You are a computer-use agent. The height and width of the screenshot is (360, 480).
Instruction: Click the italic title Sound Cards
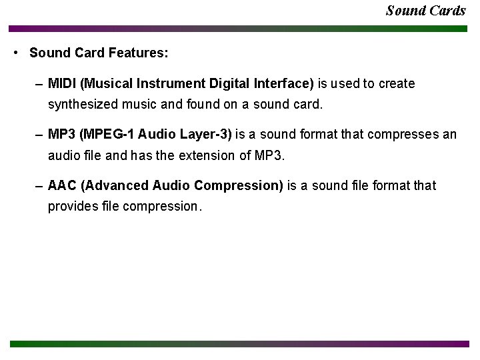[x=425, y=11]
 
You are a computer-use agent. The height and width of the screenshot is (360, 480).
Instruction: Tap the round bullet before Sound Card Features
[x=15, y=53]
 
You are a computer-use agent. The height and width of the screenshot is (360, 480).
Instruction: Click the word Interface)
[x=281, y=84]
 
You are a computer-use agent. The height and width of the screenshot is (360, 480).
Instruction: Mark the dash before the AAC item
[x=41, y=185]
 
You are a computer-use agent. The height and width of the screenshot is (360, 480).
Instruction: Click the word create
[x=397, y=84]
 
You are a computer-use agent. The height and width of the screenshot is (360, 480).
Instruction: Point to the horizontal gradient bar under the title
[x=239, y=29]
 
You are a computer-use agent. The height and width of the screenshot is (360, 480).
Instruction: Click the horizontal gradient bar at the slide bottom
[x=239, y=344]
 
